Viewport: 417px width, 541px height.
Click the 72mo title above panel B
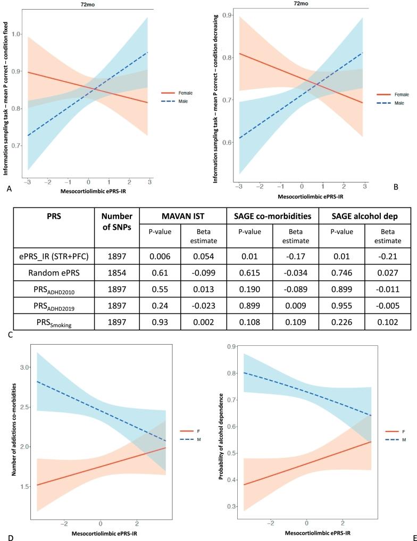(302, 4)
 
